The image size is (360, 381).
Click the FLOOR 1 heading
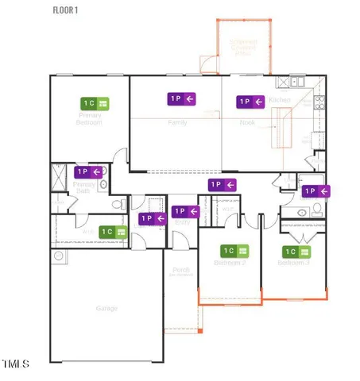(x=65, y=10)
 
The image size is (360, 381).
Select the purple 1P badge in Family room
(x=181, y=98)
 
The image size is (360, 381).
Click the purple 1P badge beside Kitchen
(x=250, y=102)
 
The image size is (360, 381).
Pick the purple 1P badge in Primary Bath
(x=87, y=171)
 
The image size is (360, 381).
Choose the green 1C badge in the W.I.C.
(x=114, y=231)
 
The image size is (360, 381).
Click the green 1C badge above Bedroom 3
(x=293, y=251)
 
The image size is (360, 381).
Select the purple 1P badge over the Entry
(x=185, y=211)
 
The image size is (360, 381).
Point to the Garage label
(x=106, y=308)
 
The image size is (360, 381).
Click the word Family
(x=177, y=123)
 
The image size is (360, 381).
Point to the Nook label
(x=247, y=123)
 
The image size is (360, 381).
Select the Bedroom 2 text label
(x=230, y=263)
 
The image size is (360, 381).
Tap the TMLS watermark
(x=16, y=364)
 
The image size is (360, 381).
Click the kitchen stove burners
(x=319, y=101)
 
